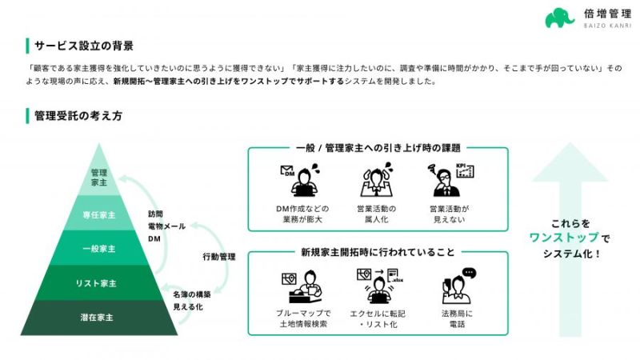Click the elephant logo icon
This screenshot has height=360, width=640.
[559, 18]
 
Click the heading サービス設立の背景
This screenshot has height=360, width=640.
[84, 46]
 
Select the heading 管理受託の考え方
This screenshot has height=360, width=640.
[78, 116]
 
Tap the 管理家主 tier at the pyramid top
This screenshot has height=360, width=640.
[99, 177]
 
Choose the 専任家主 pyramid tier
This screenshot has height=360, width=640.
[99, 214]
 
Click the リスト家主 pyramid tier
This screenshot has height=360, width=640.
[96, 283]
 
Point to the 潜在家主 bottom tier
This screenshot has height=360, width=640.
[97, 318]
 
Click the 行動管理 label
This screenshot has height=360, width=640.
[219, 257]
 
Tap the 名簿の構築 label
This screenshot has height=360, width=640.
[192, 294]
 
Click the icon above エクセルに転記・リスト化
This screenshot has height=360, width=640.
[379, 286]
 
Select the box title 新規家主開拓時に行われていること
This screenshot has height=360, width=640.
[378, 252]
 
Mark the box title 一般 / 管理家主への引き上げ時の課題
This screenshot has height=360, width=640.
[378, 148]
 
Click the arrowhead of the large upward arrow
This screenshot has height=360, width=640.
[570, 162]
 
